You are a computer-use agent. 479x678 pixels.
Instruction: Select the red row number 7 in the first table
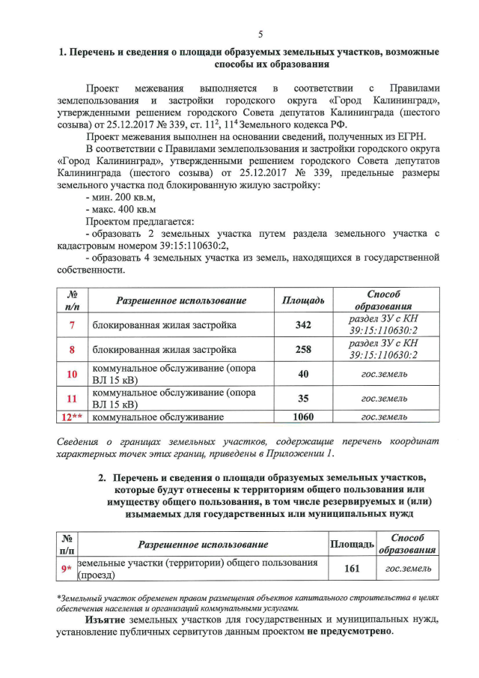pyautogui.click(x=72, y=325)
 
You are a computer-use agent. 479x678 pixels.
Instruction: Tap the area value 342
pyautogui.click(x=302, y=325)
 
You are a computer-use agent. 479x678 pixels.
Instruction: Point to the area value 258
pyautogui.click(x=302, y=350)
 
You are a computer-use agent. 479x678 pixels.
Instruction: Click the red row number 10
pyautogui.click(x=72, y=374)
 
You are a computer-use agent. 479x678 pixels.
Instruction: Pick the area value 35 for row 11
pyautogui.click(x=302, y=398)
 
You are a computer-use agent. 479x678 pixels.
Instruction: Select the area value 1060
pyautogui.click(x=302, y=417)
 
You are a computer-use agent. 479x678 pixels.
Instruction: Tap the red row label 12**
pyautogui.click(x=72, y=417)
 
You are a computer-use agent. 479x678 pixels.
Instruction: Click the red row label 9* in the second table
pyautogui.click(x=67, y=569)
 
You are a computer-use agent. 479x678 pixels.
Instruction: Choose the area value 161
pyautogui.click(x=352, y=569)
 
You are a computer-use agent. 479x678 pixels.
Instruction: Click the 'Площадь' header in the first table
pyautogui.click(x=302, y=300)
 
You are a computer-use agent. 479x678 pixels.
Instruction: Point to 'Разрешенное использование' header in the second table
pyautogui.click(x=203, y=545)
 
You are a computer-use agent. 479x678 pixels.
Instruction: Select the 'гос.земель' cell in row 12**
pyautogui.click(x=384, y=417)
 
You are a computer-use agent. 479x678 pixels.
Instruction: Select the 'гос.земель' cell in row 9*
pyautogui.click(x=408, y=569)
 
